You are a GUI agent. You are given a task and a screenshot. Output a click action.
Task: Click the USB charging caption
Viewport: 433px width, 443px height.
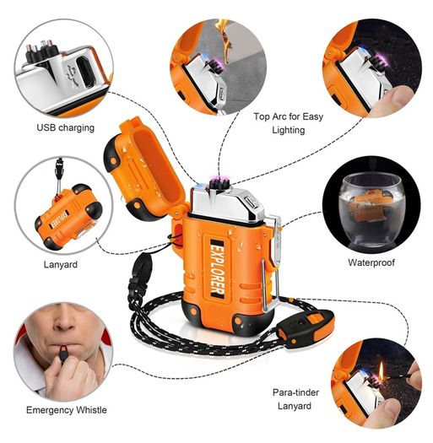[x=65, y=127]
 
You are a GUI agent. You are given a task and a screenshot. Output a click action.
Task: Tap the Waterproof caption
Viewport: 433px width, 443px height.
[x=371, y=262]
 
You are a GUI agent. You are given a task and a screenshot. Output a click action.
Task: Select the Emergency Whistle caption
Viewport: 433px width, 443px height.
[x=67, y=409]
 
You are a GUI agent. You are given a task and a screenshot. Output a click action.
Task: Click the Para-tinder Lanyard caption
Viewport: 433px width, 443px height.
[x=295, y=399]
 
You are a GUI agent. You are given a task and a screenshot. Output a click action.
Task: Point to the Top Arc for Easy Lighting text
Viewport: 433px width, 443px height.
[x=289, y=123]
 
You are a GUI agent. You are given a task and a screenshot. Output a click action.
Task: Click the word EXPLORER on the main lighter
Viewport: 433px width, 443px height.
[x=218, y=269]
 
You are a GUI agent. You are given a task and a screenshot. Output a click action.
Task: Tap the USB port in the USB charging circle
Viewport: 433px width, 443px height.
[x=85, y=72]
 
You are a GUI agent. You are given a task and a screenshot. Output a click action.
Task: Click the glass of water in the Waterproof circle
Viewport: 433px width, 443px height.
[x=371, y=210]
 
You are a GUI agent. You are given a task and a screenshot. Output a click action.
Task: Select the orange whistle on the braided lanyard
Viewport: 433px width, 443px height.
[x=306, y=328]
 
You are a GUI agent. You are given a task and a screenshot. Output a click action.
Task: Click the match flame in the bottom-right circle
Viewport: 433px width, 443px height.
[x=381, y=370]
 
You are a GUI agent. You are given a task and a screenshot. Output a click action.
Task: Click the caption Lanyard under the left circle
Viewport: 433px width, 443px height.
[x=61, y=264]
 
